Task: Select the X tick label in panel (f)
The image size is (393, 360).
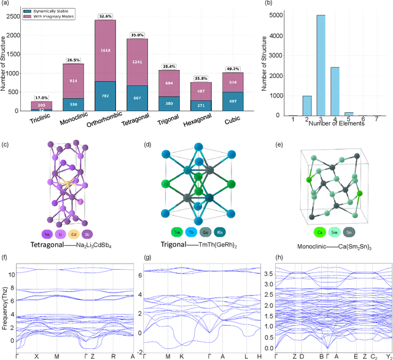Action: coord(37,356)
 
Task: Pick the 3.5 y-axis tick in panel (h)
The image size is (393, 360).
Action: coord(268,273)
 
